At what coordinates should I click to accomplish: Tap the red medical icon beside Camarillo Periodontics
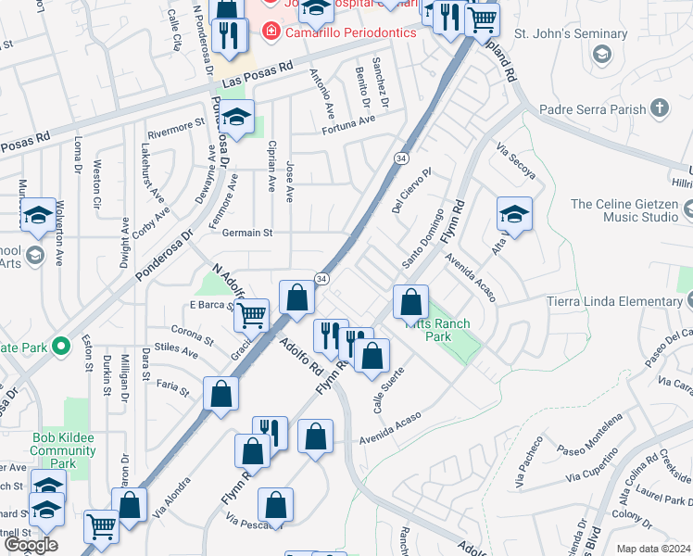(271, 32)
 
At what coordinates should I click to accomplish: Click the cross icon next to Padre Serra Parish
(660, 108)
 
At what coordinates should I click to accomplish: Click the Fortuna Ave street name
(348, 119)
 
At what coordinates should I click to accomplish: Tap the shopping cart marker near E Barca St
(251, 315)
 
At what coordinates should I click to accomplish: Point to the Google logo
(31, 546)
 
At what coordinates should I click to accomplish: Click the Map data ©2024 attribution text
(653, 549)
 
